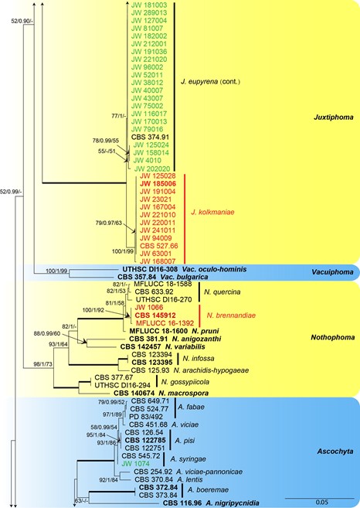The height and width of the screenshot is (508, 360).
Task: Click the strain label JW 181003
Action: (x=149, y=5)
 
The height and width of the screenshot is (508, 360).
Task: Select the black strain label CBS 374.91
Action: (x=150, y=137)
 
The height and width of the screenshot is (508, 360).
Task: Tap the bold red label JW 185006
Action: (x=158, y=184)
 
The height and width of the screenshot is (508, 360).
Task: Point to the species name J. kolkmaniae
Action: (x=212, y=213)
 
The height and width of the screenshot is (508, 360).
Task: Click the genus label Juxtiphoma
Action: (x=334, y=118)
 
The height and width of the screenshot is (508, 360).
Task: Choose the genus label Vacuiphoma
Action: (x=332, y=272)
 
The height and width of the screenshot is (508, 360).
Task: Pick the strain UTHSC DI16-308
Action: (x=150, y=269)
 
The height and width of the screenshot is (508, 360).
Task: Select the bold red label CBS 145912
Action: (x=155, y=315)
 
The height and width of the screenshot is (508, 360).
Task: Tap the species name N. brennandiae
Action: (x=231, y=315)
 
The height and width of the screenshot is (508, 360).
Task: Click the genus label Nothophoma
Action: (x=333, y=338)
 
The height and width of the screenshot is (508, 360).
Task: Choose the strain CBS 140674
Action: (x=134, y=394)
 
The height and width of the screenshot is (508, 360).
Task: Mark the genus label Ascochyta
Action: (x=335, y=452)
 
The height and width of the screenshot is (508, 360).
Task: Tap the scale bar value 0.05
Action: (x=320, y=503)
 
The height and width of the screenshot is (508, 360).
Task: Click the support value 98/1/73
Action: (x=42, y=364)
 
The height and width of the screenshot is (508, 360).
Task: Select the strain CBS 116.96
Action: (x=182, y=503)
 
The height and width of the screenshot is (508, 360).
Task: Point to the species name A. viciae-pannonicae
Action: (x=209, y=472)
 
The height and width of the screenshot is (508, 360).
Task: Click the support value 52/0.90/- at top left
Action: (x=22, y=21)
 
